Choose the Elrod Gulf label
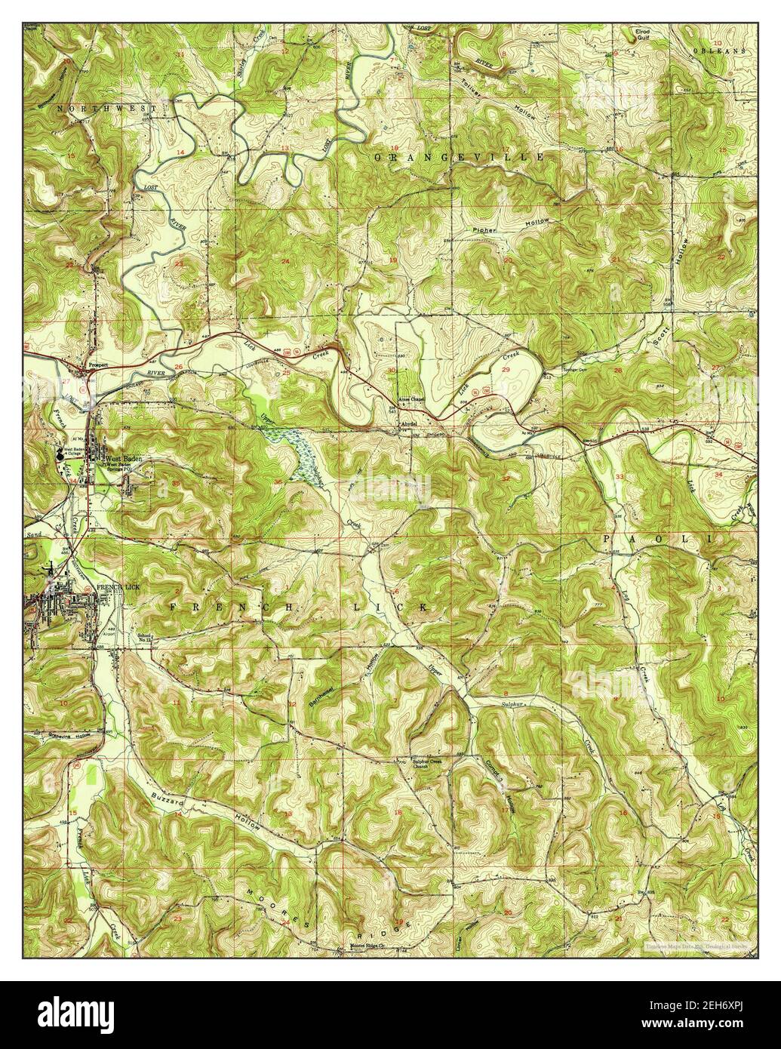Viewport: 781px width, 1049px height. click(647, 35)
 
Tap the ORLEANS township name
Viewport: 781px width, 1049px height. click(718, 51)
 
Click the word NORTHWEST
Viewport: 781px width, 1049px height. click(105, 109)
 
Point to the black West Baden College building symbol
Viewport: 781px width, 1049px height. click(59, 455)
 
